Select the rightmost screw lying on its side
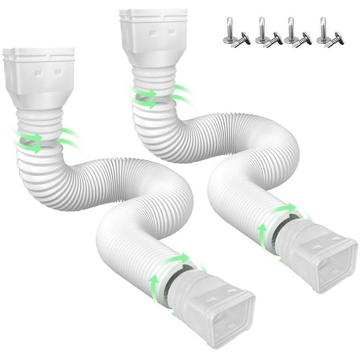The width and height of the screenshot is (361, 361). point(336,39)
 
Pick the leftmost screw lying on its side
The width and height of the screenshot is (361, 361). point(242,39)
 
